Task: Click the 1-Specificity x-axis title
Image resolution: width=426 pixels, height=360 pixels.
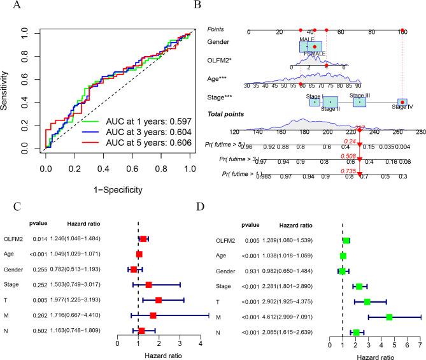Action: [117, 189]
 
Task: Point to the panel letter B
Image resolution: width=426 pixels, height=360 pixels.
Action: [215, 6]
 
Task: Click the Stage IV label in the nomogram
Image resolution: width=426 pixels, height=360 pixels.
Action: [402, 107]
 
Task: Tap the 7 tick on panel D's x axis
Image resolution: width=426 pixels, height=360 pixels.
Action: [420, 345]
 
